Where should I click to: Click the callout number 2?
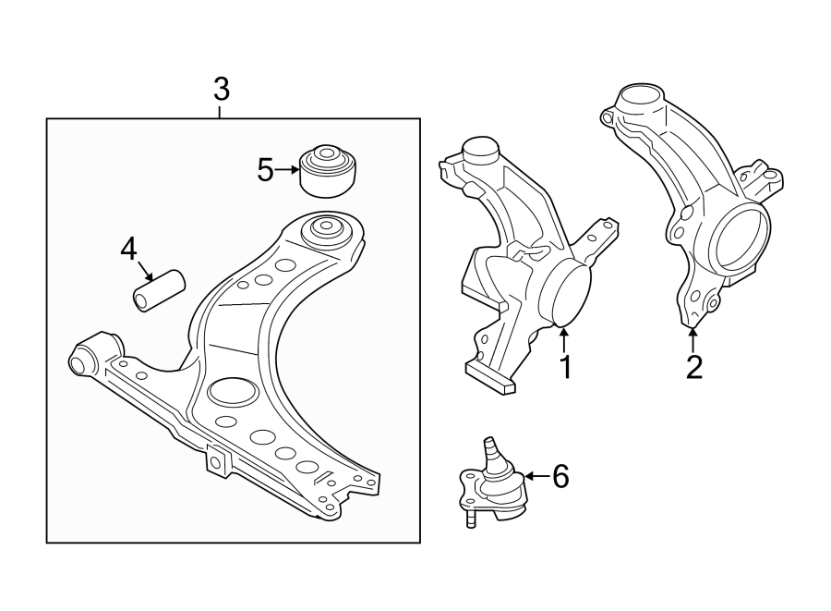coord(693,366)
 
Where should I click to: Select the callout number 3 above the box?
coord(221,91)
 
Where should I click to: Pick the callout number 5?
coord(266,170)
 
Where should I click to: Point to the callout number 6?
coord(560,476)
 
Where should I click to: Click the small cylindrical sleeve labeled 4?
coord(159,289)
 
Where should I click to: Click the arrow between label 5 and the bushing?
coord(290,169)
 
